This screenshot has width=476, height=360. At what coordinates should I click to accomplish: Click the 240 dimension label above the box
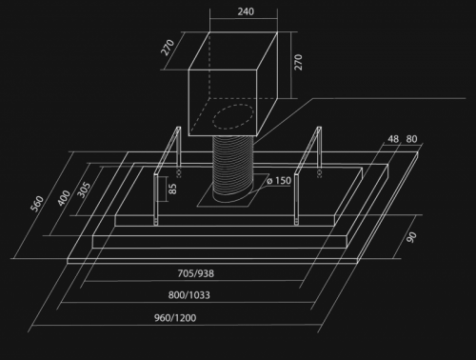click(x=246, y=11)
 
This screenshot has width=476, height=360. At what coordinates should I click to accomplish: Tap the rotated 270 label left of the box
click(x=168, y=48)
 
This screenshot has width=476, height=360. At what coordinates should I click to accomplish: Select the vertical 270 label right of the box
click(x=298, y=62)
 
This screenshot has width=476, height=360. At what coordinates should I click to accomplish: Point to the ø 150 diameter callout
click(x=279, y=181)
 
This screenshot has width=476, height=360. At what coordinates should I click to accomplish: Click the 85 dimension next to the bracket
click(x=172, y=189)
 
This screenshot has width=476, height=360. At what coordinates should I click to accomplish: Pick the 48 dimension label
click(x=393, y=139)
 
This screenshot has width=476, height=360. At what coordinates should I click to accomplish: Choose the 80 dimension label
click(x=411, y=139)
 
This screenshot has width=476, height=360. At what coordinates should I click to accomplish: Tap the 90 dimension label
click(x=411, y=237)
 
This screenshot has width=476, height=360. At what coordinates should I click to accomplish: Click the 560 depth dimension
click(x=37, y=204)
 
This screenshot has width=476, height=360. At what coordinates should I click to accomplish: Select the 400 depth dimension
click(x=64, y=197)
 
